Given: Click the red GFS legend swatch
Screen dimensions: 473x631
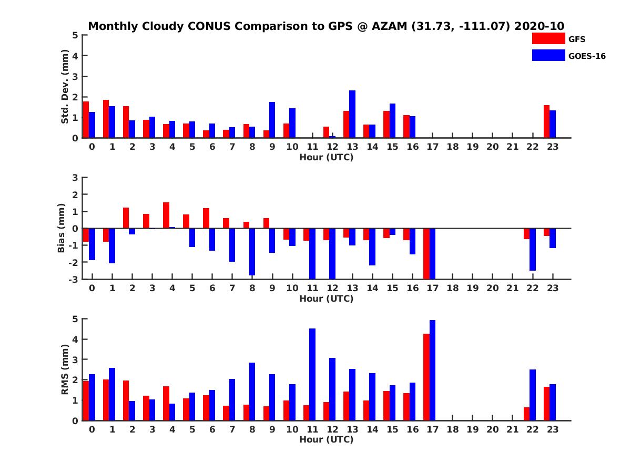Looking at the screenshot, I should tap(548, 38).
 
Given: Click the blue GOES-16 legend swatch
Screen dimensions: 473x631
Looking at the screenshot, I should tap(548, 55).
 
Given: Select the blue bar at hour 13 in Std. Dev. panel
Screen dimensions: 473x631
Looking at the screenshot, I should tap(352, 114).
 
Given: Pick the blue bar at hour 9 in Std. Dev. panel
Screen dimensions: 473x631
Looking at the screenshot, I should tap(272, 120).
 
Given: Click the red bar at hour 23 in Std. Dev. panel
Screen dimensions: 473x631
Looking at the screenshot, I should tap(546, 121).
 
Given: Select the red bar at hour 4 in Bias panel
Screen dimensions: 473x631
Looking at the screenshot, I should tap(166, 215).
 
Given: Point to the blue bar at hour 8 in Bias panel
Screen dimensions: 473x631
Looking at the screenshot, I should tap(252, 252).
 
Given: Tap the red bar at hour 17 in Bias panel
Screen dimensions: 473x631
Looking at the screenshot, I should tap(426, 253).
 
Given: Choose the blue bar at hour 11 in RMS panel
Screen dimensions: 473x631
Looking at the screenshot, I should tap(312, 374).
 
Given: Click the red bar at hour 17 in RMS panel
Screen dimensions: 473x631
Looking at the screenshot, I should tap(426, 377).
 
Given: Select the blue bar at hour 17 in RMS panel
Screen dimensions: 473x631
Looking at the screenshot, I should tap(433, 370).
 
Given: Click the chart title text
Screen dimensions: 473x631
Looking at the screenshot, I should tap(326, 26).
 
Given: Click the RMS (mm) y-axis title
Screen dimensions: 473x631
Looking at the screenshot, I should tap(65, 369).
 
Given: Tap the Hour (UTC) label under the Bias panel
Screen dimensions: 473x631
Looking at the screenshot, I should tap(326, 299).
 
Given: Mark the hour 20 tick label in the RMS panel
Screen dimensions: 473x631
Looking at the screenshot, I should tap(493, 429).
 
